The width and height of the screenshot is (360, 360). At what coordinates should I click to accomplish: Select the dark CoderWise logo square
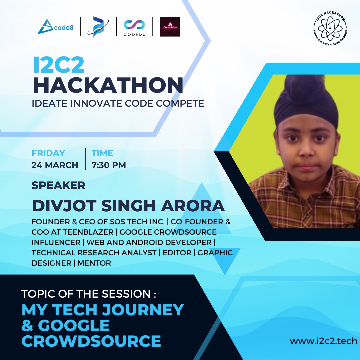coord(170,27)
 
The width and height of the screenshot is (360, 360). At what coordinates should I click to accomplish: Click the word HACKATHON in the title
coord(108,85)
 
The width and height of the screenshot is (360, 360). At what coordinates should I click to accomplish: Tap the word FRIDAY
coord(48,153)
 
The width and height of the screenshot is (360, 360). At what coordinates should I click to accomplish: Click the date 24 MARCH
coord(55,165)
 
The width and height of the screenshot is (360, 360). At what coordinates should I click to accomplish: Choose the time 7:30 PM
coord(109,165)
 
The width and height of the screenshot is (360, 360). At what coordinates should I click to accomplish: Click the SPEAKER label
coord(58,185)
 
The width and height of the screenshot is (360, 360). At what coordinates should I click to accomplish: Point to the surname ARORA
coord(197,206)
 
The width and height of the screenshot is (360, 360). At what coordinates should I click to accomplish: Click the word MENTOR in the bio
coord(94,263)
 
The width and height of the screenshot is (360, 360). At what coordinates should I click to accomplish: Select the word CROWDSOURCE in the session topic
coord(91,341)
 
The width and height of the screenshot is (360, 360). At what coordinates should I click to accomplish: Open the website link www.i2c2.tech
coord(323,341)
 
